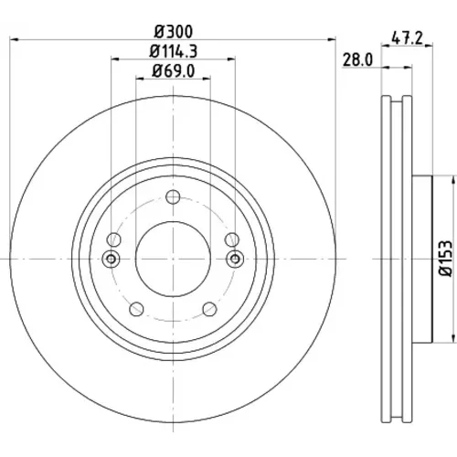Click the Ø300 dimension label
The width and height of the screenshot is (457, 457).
tap(174, 32)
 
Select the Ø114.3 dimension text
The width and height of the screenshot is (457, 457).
tap(174, 51)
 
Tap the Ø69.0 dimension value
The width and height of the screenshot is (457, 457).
tap(174, 71)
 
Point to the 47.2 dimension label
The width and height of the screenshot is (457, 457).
tap(408, 38)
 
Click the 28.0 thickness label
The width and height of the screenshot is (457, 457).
tap(357, 60)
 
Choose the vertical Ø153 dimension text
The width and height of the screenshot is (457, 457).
tap(445, 259)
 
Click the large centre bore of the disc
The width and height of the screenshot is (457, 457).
tap(173, 259)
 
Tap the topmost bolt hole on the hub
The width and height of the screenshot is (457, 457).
tap(173, 197)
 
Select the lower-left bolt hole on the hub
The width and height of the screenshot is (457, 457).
tap(136, 309)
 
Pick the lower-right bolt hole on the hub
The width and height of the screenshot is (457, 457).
tap(210, 309)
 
